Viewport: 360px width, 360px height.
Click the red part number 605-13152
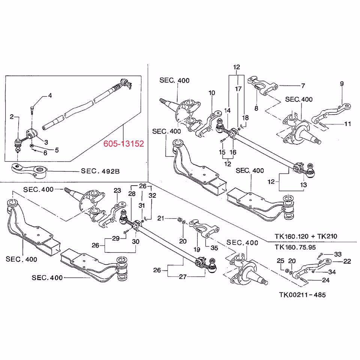(x=124, y=144)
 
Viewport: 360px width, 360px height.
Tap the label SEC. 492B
(x=100, y=171)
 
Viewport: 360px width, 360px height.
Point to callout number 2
(x=12, y=117)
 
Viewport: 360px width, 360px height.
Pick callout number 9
(x=342, y=84)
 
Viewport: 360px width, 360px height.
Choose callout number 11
(x=347, y=123)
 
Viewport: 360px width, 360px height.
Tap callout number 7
(x=303, y=85)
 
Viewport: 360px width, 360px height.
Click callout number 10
(x=212, y=93)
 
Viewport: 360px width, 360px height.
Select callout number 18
(x=245, y=118)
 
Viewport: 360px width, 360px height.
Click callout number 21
(x=160, y=218)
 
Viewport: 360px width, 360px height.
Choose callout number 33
(x=338, y=254)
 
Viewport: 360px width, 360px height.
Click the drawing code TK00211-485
(x=299, y=295)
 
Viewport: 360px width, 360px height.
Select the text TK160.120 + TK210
(x=306, y=236)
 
